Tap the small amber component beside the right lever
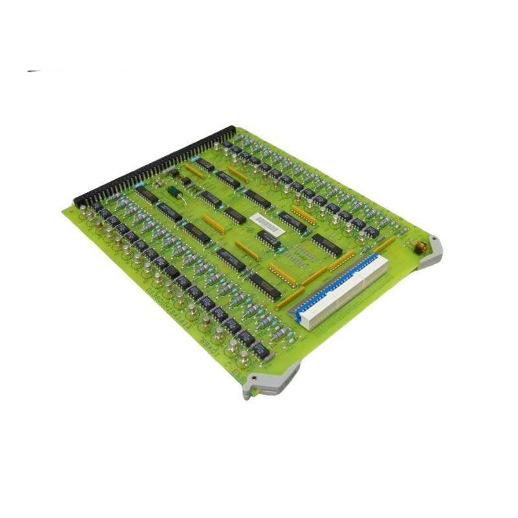tap(417, 247)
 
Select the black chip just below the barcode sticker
tap(267, 240)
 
